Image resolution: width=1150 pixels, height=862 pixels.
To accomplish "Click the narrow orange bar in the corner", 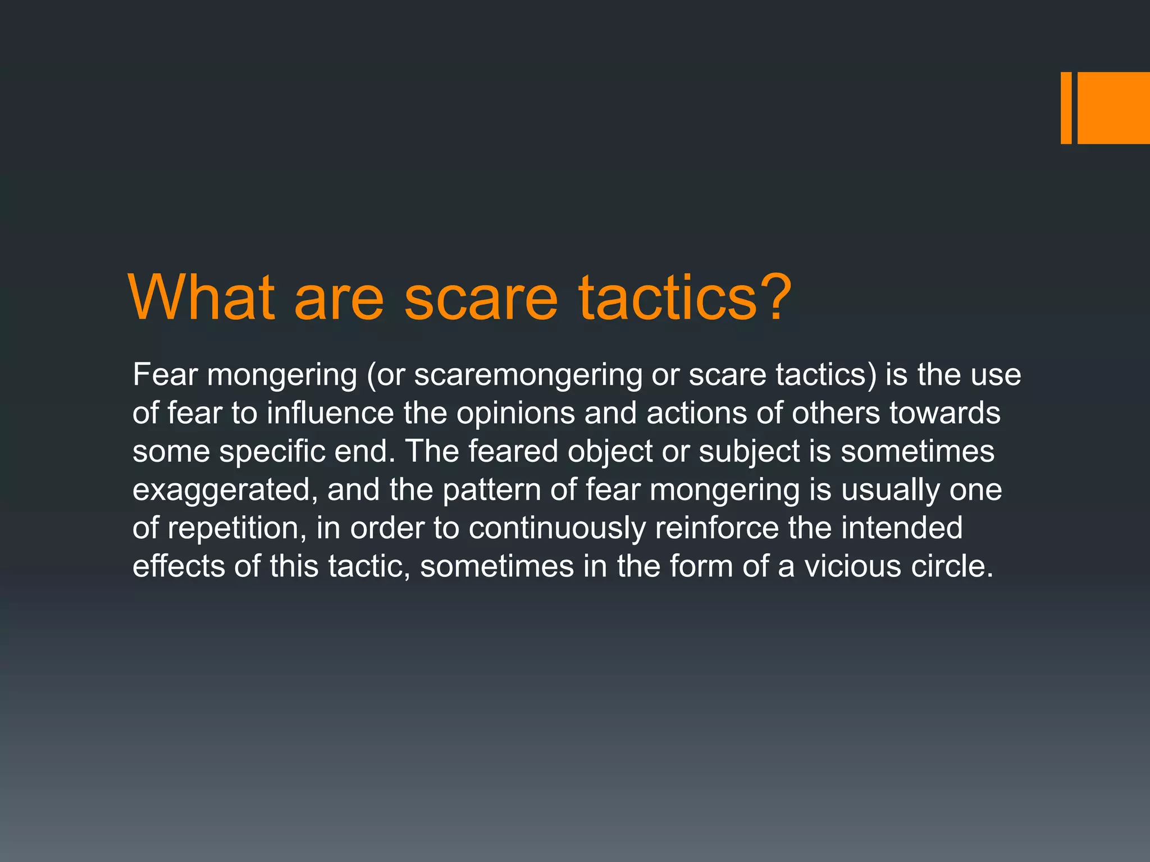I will [1066, 108].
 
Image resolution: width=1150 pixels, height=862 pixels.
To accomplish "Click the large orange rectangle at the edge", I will [1114, 108].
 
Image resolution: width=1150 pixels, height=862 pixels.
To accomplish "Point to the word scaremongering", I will [528, 375].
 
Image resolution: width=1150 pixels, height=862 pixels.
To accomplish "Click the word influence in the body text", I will [330, 414].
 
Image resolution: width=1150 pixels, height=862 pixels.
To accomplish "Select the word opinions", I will [515, 414].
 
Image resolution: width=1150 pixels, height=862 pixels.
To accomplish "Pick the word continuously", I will [557, 528].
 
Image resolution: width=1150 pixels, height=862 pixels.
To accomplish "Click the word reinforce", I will [717, 528].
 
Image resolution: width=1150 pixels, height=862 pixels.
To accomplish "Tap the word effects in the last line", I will [179, 566].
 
